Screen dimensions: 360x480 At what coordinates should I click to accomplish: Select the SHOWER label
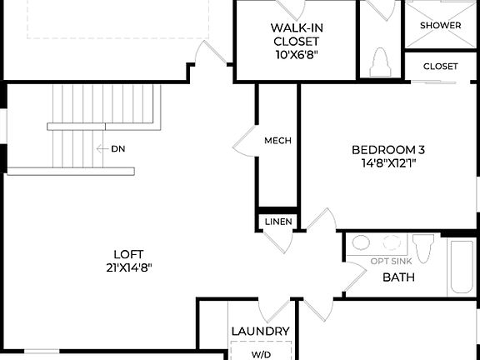(440, 26)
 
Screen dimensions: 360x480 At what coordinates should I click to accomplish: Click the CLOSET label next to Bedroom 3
(440, 67)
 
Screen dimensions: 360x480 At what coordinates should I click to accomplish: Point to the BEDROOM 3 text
(388, 150)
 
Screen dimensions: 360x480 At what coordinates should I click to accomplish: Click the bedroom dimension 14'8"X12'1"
(383, 163)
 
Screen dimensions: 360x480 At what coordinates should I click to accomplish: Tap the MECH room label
(277, 141)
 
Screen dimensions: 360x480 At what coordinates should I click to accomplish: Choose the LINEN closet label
(277, 222)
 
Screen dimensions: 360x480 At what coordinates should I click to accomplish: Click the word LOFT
(128, 254)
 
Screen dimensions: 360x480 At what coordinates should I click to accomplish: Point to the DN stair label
(117, 149)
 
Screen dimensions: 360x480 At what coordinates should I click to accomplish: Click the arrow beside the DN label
(102, 149)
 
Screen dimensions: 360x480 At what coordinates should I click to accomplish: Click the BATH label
(398, 277)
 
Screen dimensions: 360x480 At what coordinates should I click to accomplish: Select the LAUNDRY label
(261, 332)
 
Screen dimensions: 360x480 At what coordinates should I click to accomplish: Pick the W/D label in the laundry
(261, 354)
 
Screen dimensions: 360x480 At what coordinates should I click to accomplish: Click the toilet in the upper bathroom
(381, 62)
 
